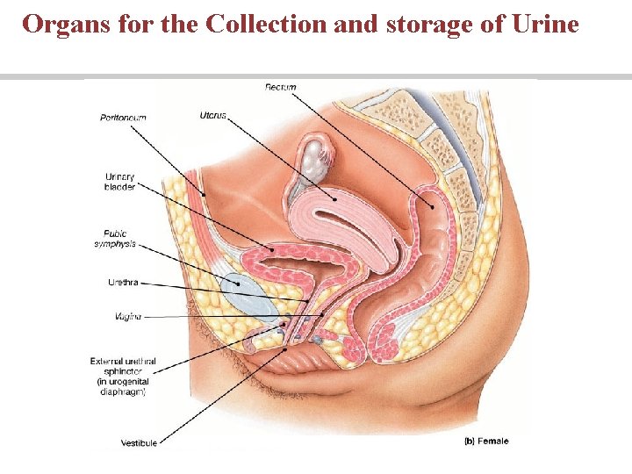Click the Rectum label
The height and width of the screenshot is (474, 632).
point(280,87)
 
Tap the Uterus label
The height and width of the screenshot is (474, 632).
point(212,114)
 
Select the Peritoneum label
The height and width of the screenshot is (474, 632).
point(123,118)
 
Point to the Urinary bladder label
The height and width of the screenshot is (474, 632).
point(119,182)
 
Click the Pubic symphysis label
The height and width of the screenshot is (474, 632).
point(115,239)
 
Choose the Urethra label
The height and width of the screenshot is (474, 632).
point(123,283)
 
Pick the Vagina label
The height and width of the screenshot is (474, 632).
point(128,316)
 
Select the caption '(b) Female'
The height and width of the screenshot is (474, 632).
point(485,441)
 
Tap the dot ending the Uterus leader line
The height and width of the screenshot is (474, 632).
point(334,198)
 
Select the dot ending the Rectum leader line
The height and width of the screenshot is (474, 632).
point(432,206)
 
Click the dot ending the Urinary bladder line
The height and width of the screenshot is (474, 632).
point(274,250)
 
